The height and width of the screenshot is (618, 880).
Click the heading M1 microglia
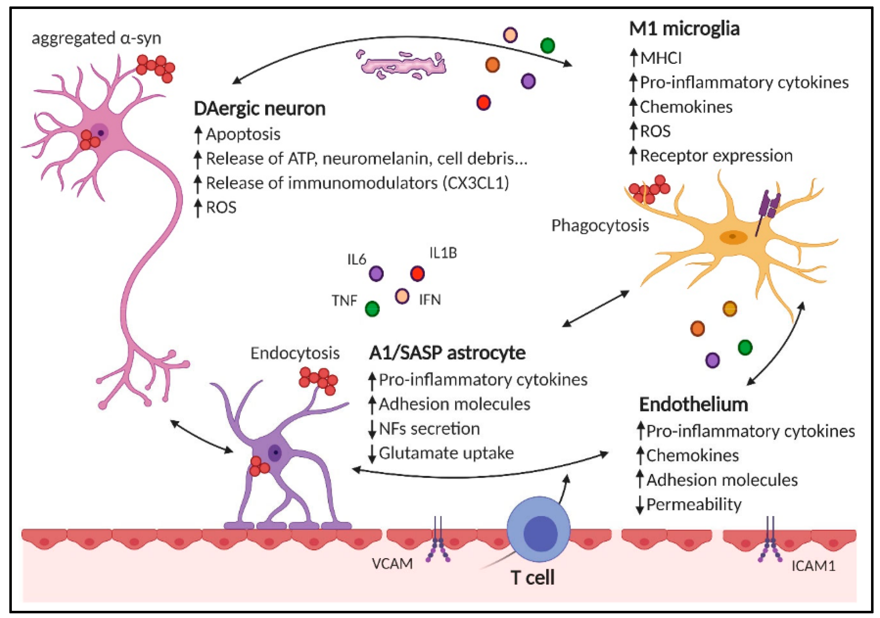pos(684,29)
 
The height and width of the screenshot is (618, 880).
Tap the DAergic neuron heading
pos(259,108)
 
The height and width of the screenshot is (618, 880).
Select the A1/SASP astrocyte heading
pos(447,353)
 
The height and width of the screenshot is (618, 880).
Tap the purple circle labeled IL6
pos(376,274)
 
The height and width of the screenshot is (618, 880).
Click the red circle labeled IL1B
pos(417,274)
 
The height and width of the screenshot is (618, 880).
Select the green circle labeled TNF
pos(372,309)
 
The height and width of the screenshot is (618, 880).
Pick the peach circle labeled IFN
pos(402,296)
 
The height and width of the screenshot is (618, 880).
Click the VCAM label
pos(392,563)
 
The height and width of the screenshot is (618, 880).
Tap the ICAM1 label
pos(813,566)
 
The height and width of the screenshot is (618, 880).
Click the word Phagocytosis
pos(600,225)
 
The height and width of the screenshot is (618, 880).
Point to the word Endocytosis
pos(295,353)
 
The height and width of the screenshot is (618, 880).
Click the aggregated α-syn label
pos(96,38)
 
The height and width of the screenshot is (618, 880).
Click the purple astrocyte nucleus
pos(275,453)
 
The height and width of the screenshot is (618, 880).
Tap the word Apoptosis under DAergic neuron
pos(243,134)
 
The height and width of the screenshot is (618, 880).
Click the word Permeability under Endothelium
pos(694,505)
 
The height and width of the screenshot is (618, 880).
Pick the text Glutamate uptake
pos(446,453)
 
